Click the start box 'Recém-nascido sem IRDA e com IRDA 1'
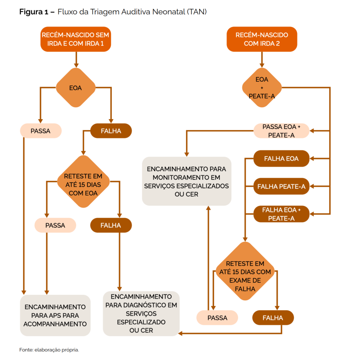pos(75,39)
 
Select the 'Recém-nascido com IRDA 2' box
pos(262,39)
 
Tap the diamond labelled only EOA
pos(75,88)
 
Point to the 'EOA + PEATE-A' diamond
pos(262,88)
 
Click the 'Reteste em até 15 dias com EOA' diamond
pos(83,184)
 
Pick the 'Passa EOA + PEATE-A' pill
pos(281,131)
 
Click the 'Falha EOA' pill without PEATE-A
pos(281,159)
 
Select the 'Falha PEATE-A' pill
pos(281,186)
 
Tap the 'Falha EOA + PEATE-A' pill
pos(281,214)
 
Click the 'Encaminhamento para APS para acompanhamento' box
pos(55,315)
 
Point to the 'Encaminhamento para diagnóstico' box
pos(141,313)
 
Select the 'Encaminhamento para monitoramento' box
pos(186,181)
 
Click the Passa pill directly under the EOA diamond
pos(41,131)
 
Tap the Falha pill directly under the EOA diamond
pos(111,131)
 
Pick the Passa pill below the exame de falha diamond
pos(217,318)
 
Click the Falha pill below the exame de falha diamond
pos(273,318)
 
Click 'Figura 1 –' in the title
pos(37,12)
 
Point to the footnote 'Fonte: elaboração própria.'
pos(49,350)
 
